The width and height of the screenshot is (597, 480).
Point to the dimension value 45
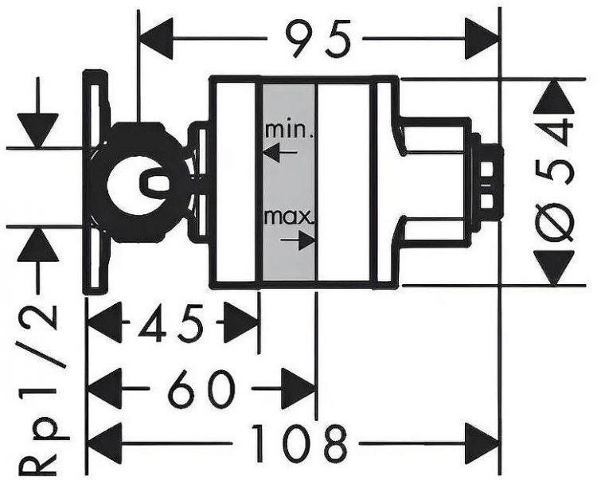[x=172, y=324]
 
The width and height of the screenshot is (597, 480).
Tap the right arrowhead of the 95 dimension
[x=482, y=36]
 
